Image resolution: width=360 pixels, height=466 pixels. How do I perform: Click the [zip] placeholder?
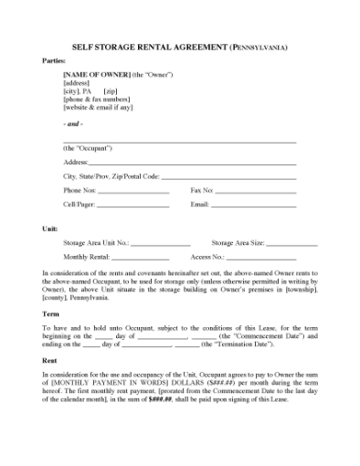click(x=111, y=91)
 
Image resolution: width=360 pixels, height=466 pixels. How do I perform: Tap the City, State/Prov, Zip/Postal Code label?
click(x=111, y=175)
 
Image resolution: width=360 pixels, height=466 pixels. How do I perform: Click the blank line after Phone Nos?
click(x=132, y=191)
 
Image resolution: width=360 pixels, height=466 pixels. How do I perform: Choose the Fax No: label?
click(x=202, y=190)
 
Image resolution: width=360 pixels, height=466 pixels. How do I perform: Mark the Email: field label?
click(x=200, y=205)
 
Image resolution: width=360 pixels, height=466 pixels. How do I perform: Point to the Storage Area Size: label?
click(x=238, y=243)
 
